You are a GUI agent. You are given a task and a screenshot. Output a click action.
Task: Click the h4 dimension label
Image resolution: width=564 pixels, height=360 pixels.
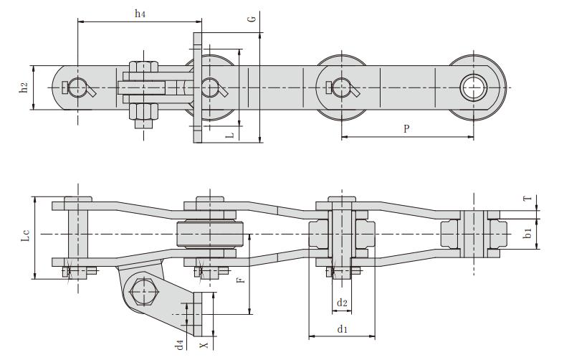[140, 14]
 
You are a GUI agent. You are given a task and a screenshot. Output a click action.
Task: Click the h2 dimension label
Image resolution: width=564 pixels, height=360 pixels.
[24, 87]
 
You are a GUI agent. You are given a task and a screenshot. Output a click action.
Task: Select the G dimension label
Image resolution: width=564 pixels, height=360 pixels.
[252, 17]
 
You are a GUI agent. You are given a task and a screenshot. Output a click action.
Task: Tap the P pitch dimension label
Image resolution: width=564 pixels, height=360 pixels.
[406, 128]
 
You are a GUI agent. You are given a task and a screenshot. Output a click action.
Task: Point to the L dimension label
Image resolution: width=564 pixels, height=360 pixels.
[229, 134]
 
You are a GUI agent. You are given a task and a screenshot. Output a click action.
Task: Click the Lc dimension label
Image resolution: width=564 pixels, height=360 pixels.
[23, 235]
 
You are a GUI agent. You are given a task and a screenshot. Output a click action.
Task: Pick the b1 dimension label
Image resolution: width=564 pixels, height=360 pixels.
[527, 234]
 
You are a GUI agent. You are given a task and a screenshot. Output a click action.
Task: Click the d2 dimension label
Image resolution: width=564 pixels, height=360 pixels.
[342, 303]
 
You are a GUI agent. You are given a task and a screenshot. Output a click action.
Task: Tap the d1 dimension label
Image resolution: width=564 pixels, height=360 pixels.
[342, 329]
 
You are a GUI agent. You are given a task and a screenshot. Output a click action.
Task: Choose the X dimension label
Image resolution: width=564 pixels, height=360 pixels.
[204, 345]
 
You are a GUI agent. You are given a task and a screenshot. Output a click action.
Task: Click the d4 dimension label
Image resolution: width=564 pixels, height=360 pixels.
[181, 345]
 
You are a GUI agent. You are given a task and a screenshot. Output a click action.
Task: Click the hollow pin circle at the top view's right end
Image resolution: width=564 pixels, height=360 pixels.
[473, 87]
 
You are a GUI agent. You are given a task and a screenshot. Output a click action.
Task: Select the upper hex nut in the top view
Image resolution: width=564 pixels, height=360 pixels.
[143, 69]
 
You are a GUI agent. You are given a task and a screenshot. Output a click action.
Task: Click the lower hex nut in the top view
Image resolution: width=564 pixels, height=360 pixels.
[143, 111]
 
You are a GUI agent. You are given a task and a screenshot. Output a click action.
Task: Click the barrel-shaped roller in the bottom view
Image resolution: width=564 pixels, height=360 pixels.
[212, 235]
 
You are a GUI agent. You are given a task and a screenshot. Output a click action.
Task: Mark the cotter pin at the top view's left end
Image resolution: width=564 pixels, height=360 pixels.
[79, 88]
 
